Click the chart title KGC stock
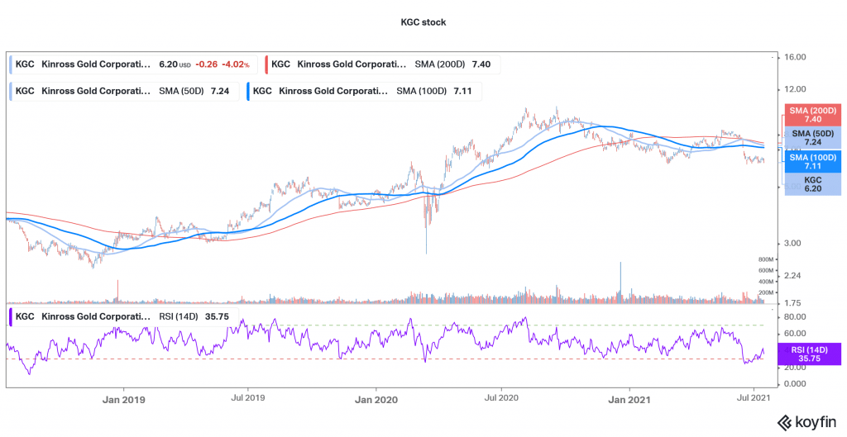(423, 22)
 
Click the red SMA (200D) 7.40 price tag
(811, 115)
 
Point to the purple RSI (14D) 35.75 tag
(811, 354)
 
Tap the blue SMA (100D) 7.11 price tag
(811, 161)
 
